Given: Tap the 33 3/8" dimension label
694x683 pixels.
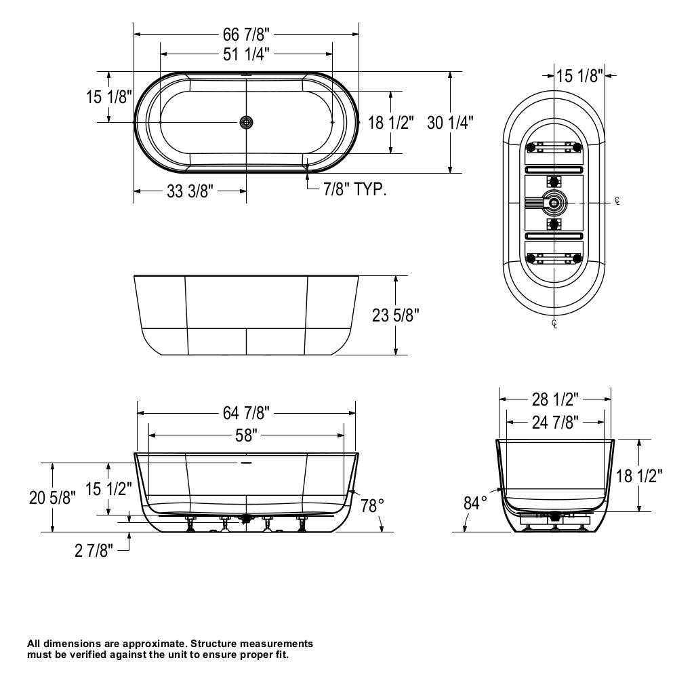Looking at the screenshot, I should click(x=190, y=192).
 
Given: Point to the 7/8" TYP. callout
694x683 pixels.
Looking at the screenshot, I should click(x=355, y=190).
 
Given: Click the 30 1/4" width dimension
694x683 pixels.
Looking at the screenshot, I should click(x=450, y=123).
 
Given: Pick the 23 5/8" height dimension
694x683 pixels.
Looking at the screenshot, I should click(x=396, y=315).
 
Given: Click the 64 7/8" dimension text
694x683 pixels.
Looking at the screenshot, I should click(x=246, y=412).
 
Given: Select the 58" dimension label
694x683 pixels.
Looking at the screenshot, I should click(x=246, y=435).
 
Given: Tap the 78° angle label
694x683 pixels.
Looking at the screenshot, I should click(x=371, y=505).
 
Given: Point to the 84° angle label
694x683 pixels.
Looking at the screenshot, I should click(x=476, y=503).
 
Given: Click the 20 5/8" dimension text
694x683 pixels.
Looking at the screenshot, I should click(x=52, y=497).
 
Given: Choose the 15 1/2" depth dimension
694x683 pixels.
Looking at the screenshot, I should click(x=108, y=488).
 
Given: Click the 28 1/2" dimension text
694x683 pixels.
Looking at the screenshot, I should click(x=554, y=397).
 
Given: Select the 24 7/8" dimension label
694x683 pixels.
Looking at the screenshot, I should click(x=554, y=423).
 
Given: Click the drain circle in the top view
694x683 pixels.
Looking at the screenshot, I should click(x=247, y=121).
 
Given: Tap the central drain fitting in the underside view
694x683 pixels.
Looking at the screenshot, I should click(x=555, y=202).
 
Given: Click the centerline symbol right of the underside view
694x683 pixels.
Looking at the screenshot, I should click(x=617, y=201).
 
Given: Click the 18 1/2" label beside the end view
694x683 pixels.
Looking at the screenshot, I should click(x=639, y=475).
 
